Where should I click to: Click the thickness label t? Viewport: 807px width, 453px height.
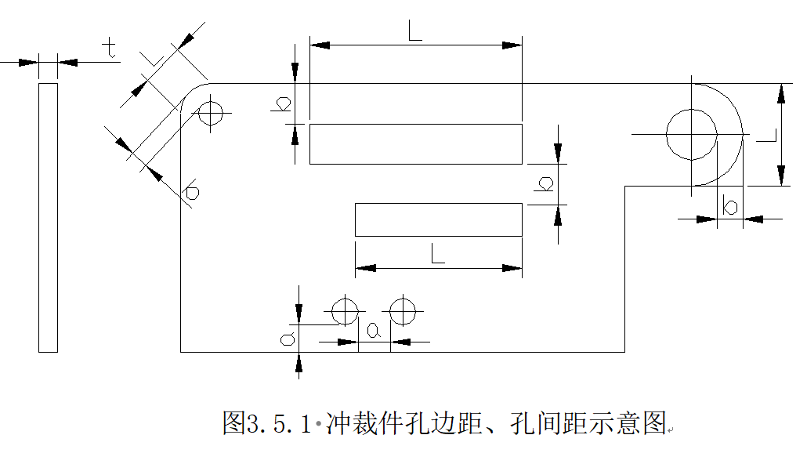110,49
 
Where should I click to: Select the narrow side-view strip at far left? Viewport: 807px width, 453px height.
48,217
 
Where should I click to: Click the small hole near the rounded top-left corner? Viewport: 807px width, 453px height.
211,113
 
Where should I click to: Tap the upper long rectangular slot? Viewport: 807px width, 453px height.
415,143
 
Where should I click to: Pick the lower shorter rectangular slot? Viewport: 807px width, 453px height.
438,219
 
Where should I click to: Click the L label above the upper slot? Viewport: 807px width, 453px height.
415,31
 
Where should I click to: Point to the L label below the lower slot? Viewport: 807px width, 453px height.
437,253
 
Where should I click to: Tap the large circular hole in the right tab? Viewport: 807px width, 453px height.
691,134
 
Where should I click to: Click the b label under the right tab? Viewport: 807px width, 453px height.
730,207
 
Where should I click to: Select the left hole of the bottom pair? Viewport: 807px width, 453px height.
344,311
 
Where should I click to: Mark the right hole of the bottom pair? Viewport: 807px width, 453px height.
403,311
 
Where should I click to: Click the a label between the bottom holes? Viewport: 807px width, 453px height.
374,332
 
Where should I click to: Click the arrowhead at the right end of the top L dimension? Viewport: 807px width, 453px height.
512,45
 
